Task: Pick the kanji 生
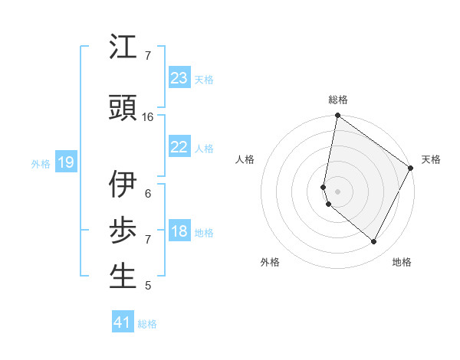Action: [123, 277]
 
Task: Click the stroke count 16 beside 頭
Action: [148, 117]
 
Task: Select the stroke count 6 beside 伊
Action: [148, 193]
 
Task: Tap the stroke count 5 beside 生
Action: [148, 286]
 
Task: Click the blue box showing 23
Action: [179, 78]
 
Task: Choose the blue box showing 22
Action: [179, 147]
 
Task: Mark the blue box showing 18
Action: [179, 231]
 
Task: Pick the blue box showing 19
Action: [65, 162]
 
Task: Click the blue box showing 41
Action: [123, 323]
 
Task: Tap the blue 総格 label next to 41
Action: [147, 324]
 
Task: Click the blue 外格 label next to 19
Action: [41, 163]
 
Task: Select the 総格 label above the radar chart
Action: [338, 100]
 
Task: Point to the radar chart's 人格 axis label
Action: [245, 159]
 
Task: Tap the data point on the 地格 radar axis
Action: [374, 242]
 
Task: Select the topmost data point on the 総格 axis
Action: [337, 116]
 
